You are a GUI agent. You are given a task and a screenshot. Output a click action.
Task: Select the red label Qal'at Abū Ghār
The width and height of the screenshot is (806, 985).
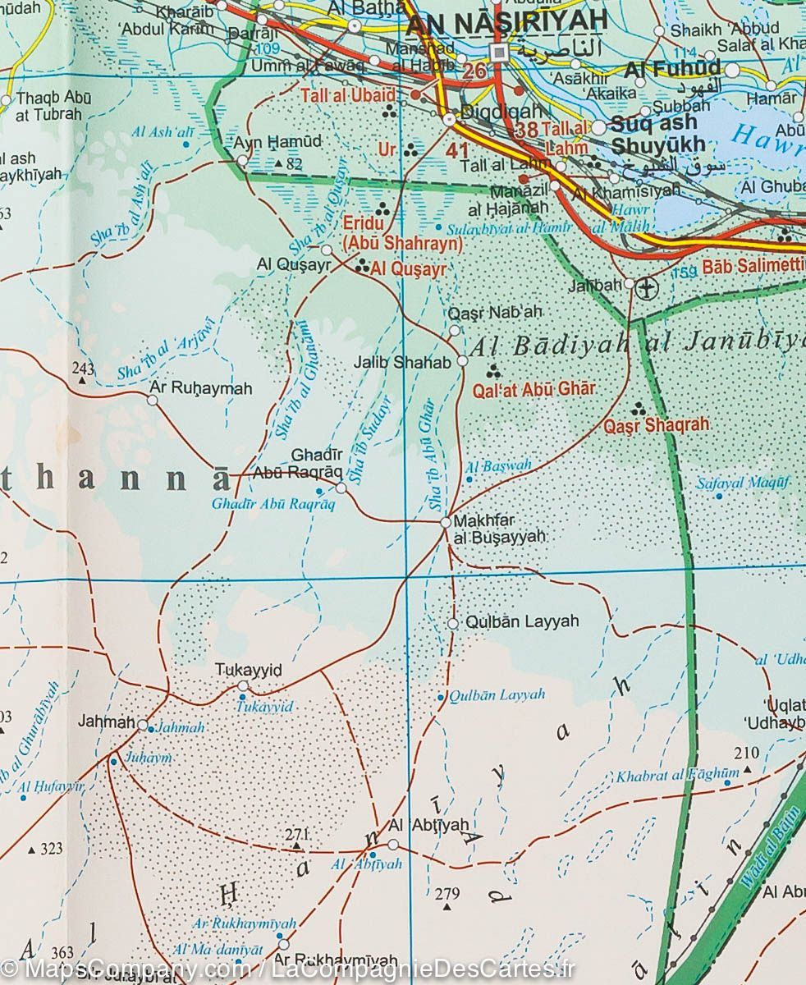coord(533,390)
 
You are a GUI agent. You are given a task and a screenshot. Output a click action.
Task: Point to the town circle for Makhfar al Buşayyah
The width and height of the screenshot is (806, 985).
coord(447,522)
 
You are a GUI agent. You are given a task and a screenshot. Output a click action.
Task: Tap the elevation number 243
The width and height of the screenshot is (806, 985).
coord(83,368)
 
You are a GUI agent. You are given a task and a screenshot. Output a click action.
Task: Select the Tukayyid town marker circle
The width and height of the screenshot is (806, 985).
coord(243,685)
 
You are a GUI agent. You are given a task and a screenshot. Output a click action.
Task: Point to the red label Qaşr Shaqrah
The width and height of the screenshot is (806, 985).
coord(656,425)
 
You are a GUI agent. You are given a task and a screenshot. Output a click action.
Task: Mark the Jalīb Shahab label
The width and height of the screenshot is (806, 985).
coord(401,362)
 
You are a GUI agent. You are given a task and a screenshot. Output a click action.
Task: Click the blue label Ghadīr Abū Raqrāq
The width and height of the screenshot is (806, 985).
coord(273,504)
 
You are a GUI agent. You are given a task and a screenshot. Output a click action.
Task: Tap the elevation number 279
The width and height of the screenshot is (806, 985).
coord(447,893)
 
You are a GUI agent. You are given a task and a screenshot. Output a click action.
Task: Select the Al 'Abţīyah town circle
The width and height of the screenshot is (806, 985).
coord(393,844)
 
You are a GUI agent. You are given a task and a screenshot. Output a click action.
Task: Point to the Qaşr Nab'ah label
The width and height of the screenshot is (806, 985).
coord(496,313)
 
